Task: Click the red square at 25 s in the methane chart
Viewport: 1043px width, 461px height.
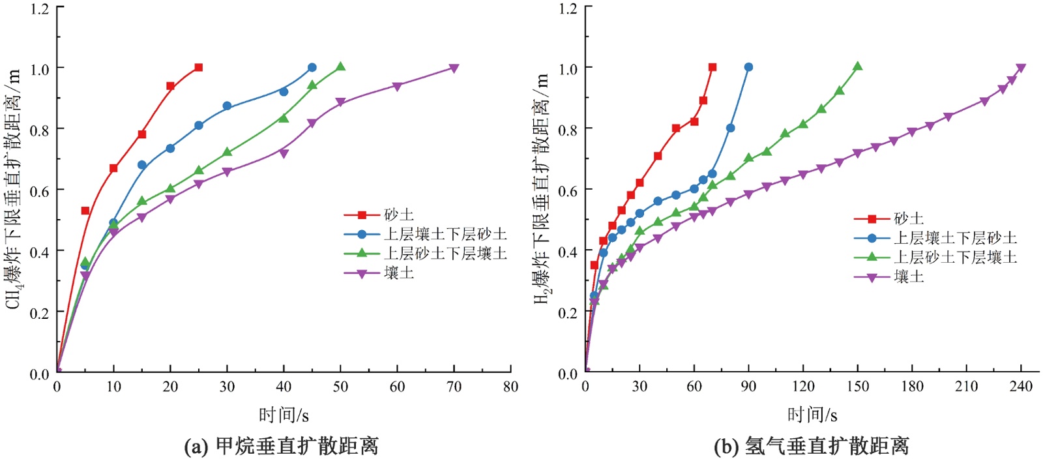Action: coord(199,68)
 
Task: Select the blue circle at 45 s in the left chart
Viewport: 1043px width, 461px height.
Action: coord(312,68)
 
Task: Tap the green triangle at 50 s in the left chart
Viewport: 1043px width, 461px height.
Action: coord(340,67)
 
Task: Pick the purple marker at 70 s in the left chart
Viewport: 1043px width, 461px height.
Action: coord(454,68)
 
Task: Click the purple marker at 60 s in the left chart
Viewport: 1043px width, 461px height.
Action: coord(397,86)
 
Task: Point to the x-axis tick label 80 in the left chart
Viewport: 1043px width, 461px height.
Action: coord(510,387)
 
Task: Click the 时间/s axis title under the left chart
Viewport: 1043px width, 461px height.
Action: coord(284,415)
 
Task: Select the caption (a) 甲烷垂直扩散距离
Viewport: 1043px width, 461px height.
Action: coord(282,446)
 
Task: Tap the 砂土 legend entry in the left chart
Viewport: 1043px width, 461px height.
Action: coord(398,215)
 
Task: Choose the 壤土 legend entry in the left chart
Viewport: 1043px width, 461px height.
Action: coord(398,273)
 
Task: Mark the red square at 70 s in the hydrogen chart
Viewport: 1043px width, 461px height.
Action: coord(712,67)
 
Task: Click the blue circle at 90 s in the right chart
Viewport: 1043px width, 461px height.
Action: coord(748,67)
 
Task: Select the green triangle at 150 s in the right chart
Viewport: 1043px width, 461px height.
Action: coord(858,67)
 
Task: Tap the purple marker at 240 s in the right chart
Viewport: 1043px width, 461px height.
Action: coord(1021,68)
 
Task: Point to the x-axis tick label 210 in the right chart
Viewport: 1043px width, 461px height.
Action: coord(966,387)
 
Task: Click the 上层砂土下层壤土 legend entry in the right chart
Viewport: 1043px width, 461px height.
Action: coord(955,257)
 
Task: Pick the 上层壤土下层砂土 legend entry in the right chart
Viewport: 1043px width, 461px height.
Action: coord(955,238)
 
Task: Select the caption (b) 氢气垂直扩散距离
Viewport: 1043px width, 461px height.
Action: coord(811,446)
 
